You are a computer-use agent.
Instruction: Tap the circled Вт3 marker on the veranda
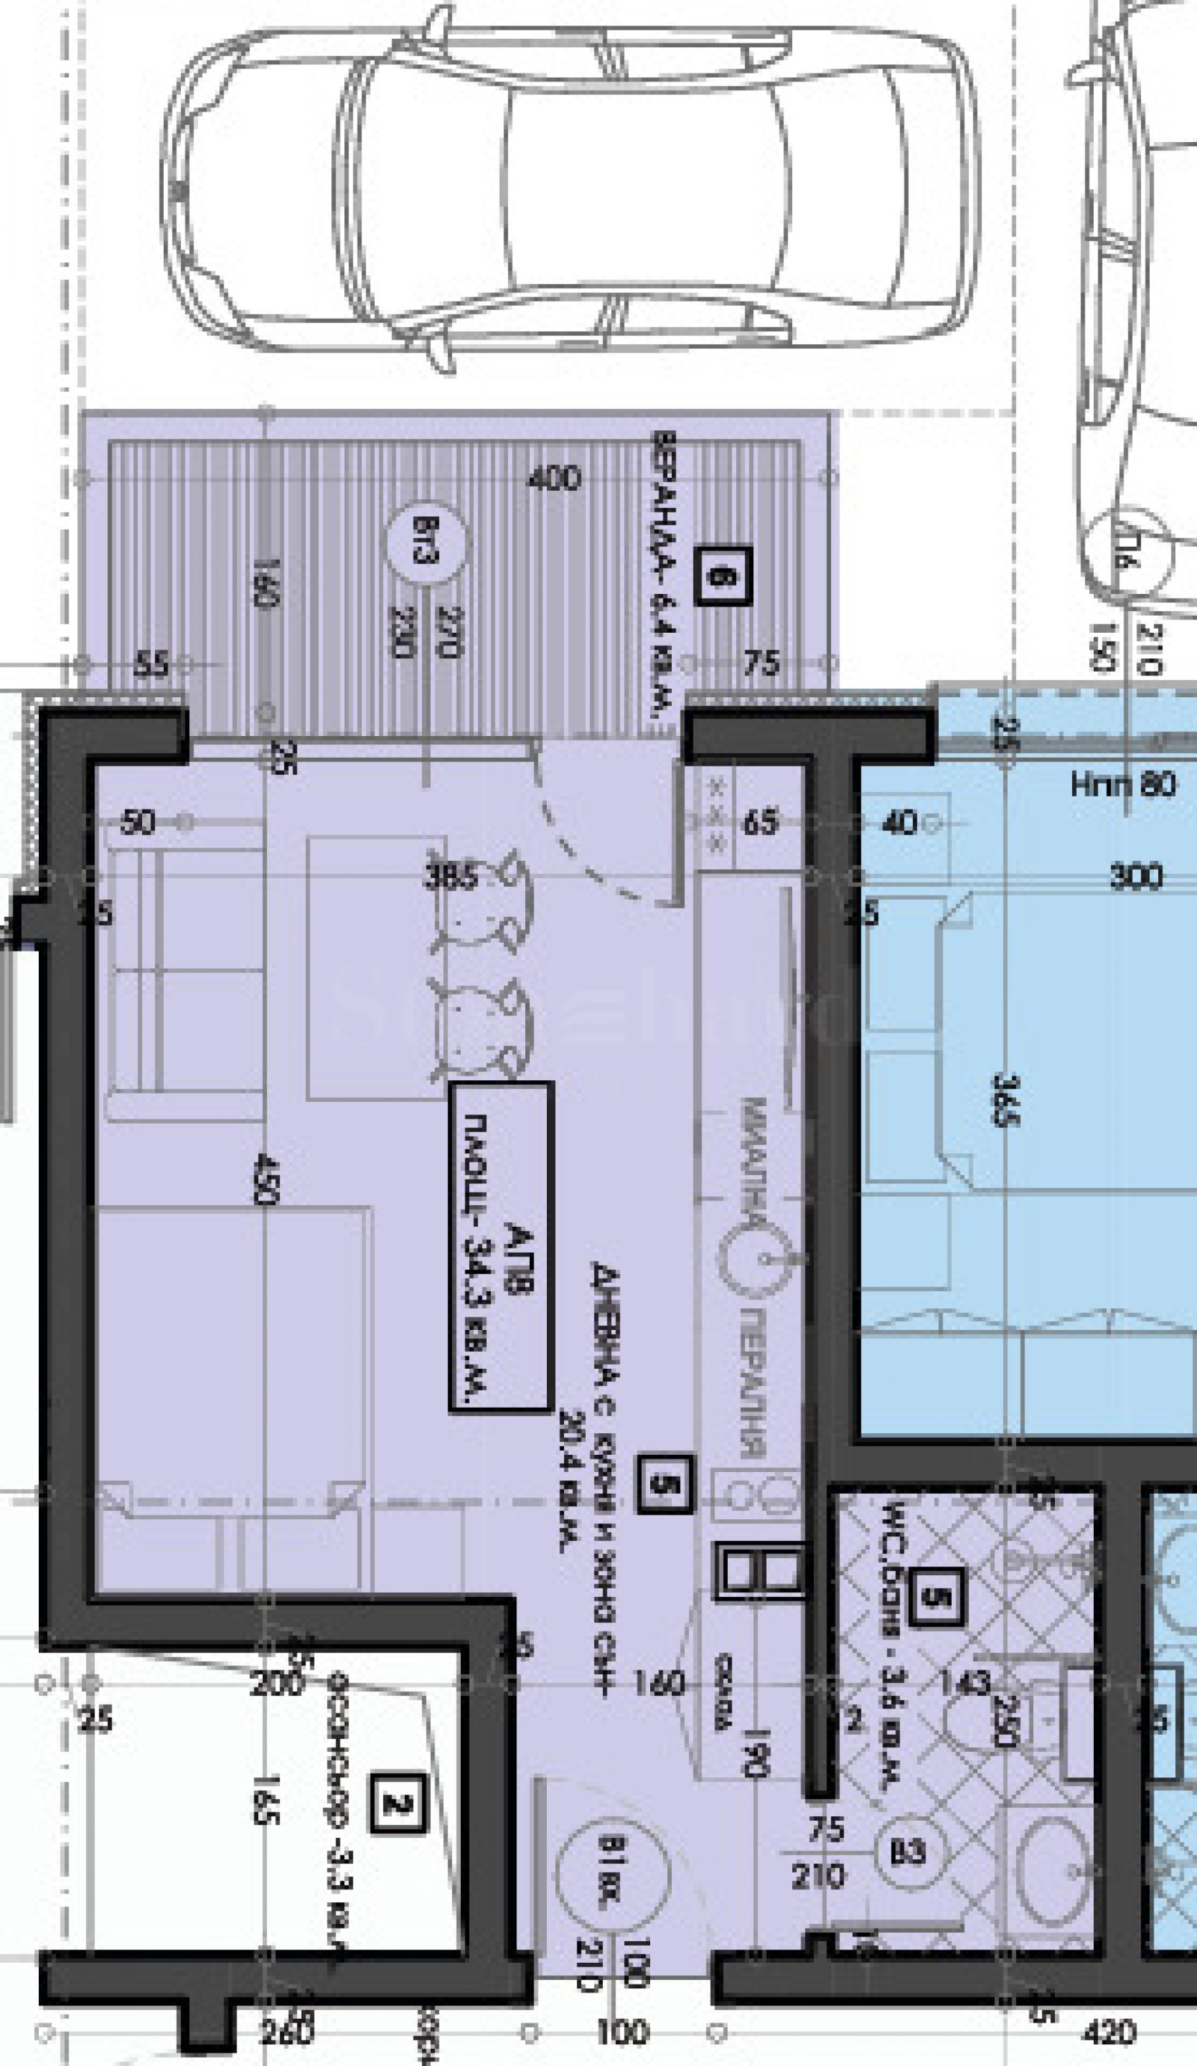(x=428, y=543)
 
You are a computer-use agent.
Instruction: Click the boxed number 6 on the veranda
(x=724, y=577)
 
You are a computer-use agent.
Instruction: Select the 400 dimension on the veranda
(x=554, y=478)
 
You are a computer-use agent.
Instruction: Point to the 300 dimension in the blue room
(x=1135, y=877)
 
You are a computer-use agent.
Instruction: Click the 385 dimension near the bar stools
(x=450, y=878)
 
